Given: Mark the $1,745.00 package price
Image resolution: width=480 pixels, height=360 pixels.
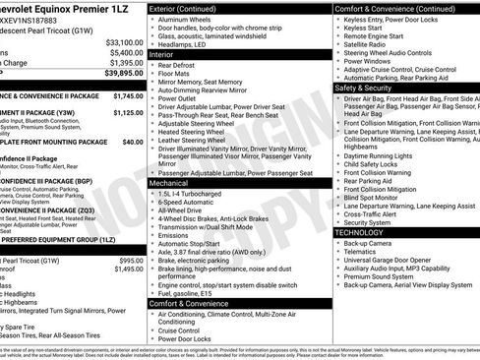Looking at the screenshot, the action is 127,96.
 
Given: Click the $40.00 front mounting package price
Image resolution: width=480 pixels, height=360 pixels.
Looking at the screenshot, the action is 132,142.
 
